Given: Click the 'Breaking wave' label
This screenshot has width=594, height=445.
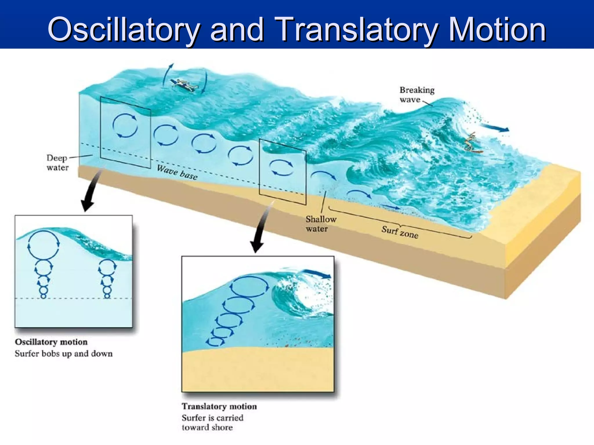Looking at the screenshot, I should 416,95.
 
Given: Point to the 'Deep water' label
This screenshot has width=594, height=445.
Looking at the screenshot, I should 57,163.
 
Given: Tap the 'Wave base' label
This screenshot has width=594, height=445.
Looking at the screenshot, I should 177,172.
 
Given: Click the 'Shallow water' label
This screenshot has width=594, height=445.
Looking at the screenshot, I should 321,224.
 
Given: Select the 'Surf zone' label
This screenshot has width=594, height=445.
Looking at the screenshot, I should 400,232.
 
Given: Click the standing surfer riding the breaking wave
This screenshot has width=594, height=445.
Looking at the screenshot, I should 472,142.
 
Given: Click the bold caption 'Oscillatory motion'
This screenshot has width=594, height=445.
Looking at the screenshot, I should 51,342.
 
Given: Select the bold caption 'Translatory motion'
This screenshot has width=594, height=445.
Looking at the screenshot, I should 219,406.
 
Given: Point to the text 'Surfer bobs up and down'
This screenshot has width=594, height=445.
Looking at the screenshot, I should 64,353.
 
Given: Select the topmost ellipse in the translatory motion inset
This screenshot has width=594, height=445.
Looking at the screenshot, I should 249,286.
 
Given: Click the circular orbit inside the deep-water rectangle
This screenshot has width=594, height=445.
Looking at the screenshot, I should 125,125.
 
